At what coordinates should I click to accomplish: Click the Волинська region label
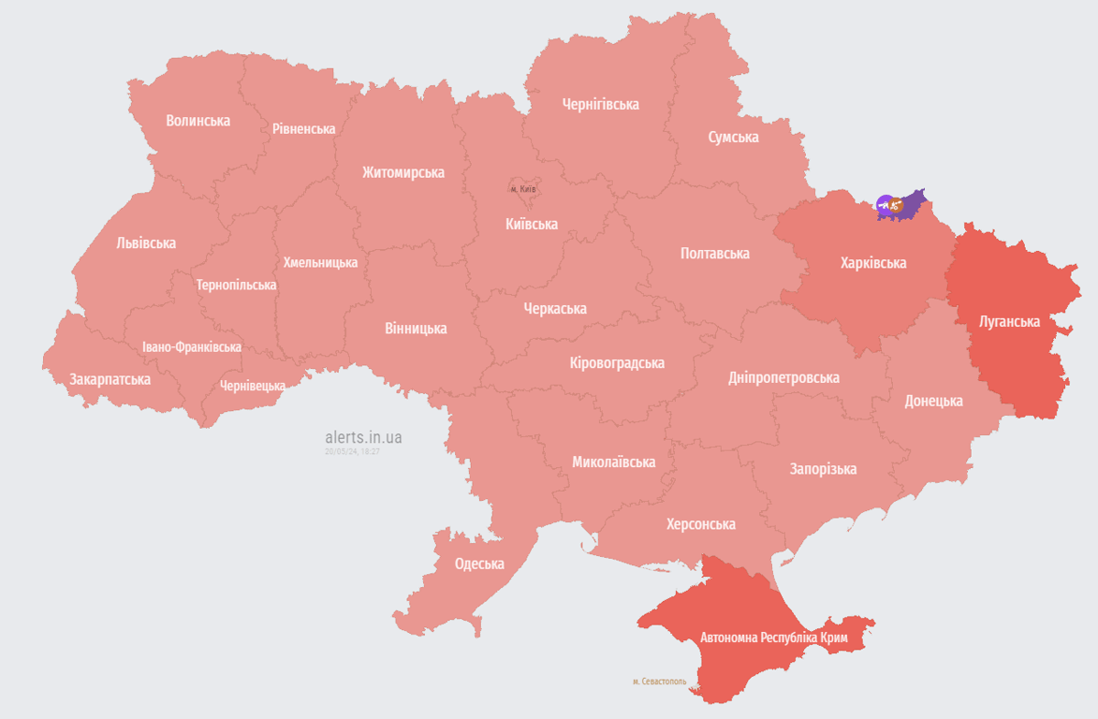[x=198, y=121]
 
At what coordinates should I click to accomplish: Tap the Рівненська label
[x=304, y=128]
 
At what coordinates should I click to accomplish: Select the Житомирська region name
[x=403, y=172]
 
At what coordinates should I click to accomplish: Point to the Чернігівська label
[x=600, y=104]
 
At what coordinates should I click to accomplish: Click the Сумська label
[x=733, y=138]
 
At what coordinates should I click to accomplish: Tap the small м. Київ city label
[x=523, y=189]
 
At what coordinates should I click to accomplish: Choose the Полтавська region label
[x=714, y=254]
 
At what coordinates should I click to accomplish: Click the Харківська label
[x=872, y=263]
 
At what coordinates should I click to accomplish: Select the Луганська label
[x=1009, y=321]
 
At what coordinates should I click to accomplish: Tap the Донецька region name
[x=933, y=401]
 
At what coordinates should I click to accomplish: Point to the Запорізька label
[x=823, y=469]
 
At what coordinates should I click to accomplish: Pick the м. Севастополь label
[x=659, y=682]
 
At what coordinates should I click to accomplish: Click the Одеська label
[x=479, y=564]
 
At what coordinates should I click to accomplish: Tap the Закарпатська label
[x=110, y=379]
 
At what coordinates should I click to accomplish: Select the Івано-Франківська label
[x=191, y=347]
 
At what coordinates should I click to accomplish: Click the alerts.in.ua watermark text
[x=363, y=437]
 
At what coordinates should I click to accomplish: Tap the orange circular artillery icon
[x=897, y=204]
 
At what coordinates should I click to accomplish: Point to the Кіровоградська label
[x=617, y=362]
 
